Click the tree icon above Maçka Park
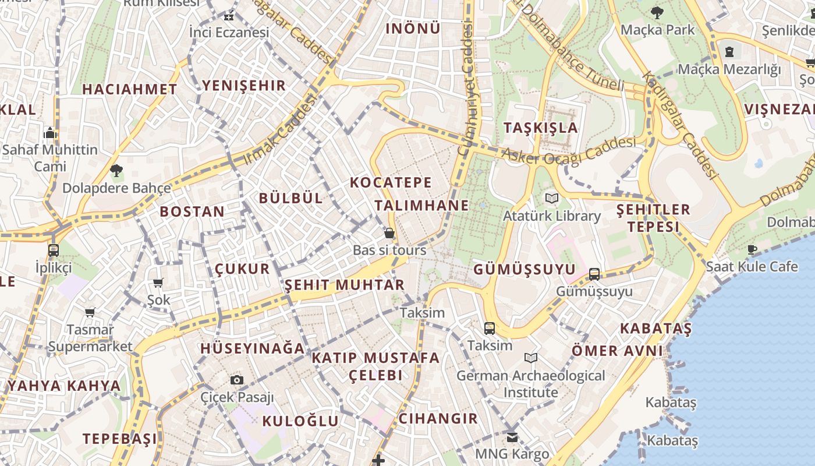tap(657, 12)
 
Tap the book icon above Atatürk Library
tap(551, 199)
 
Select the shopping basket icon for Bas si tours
tap(389, 233)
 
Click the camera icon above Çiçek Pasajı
tap(236, 380)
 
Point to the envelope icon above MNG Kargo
tap(512, 437)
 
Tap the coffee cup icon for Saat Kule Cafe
tap(752, 250)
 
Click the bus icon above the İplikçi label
tap(54, 250)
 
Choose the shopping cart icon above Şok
tap(158, 283)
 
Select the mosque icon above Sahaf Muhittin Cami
tap(50, 133)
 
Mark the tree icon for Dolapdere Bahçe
tap(116, 171)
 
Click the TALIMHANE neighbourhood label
tap(421, 205)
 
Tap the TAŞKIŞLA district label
tap(541, 128)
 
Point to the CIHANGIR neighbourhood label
tap(438, 418)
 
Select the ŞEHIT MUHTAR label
tap(344, 285)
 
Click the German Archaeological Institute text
tap(530, 384)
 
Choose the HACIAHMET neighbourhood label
tap(129, 89)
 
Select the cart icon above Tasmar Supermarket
tap(90, 313)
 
